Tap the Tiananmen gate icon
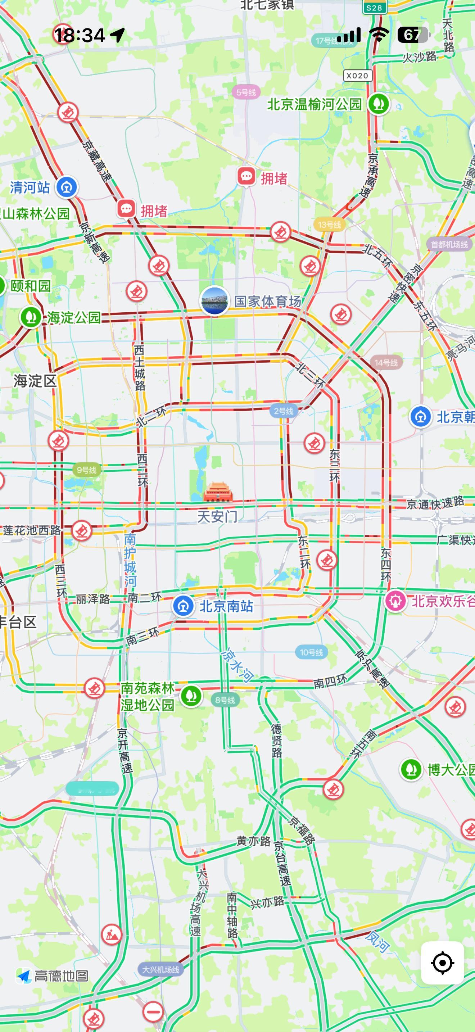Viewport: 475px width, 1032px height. coord(218,492)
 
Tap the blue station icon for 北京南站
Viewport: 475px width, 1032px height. coord(184,606)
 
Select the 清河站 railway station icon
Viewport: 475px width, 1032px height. coord(67,187)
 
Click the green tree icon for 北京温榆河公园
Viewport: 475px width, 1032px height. coord(379,104)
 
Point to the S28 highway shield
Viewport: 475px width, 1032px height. coord(375,7)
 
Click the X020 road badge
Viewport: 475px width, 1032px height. coord(357,75)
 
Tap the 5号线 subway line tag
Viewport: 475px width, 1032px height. coord(245,92)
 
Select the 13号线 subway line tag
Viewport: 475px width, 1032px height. coord(329,225)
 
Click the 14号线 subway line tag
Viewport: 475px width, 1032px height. coord(386,363)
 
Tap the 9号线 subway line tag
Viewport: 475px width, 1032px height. coord(86,470)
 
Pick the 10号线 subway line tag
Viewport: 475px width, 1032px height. coord(311,652)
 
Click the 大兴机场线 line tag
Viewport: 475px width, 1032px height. coord(160,969)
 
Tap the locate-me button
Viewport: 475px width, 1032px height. coord(443,962)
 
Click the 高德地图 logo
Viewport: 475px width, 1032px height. coord(53,976)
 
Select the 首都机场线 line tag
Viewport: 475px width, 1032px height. coord(449,244)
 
